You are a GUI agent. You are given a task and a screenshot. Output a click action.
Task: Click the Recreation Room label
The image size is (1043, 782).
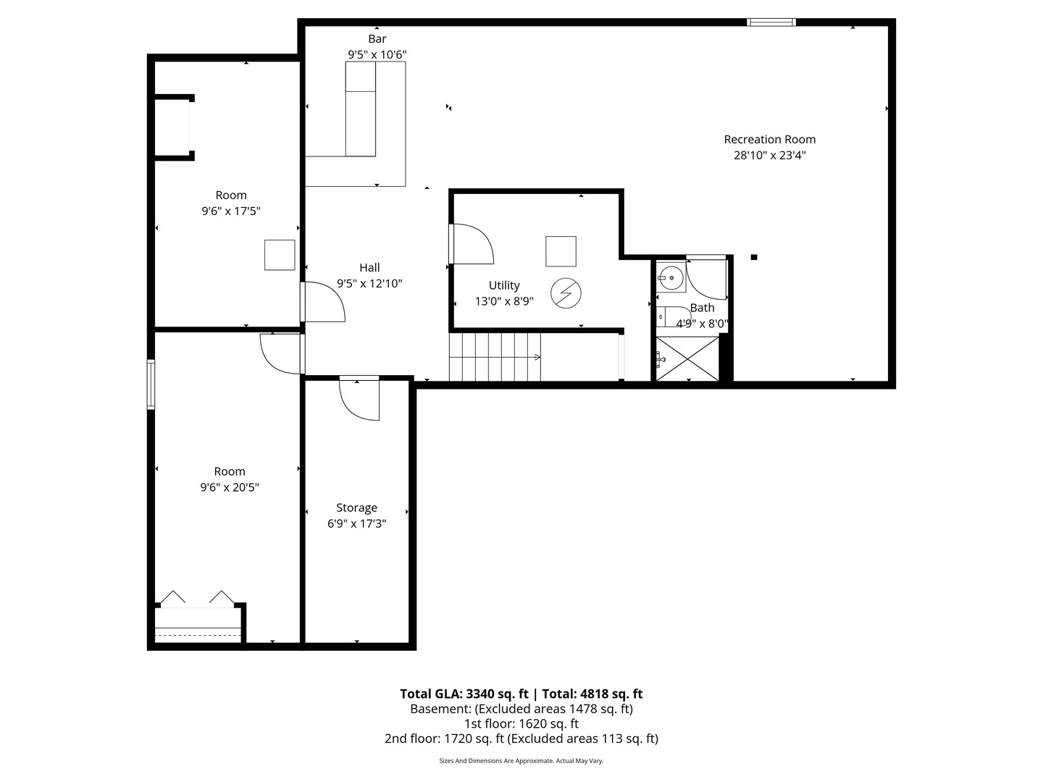pos(769,139)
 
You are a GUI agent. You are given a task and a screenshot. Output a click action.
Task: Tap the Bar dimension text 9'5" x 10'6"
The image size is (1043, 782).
pos(377,54)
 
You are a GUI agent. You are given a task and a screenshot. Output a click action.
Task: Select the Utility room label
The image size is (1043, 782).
pos(503,285)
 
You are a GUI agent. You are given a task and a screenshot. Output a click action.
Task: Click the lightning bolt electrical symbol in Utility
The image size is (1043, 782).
pos(566,293)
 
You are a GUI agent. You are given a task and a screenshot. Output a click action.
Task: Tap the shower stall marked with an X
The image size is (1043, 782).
pos(687,359)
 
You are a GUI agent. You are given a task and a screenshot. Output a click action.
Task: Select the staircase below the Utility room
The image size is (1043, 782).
pos(495,356)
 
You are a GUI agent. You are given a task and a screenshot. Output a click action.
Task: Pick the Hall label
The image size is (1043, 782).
pos(369,268)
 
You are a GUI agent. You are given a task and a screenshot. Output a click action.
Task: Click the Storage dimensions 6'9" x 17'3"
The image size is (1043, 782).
pos(356,524)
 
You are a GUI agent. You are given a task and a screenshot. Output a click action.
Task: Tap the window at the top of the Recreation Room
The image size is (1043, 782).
pos(771,22)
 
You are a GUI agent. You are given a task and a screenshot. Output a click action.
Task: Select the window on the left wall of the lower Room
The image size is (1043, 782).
pos(151,384)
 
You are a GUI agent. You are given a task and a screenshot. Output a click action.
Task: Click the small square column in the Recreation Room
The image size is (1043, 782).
pos(754,256)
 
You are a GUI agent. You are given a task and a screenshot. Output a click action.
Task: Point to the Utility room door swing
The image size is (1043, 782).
pos(471,245)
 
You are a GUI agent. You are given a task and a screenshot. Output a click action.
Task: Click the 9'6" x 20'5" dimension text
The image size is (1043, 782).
pos(230,487)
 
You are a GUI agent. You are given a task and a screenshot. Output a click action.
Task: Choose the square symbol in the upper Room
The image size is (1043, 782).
pos(279,255)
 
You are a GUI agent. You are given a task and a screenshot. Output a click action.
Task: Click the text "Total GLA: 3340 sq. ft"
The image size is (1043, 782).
pos(464,694)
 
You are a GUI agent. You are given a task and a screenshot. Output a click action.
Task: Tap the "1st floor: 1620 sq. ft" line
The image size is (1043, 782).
pos(521,723)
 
